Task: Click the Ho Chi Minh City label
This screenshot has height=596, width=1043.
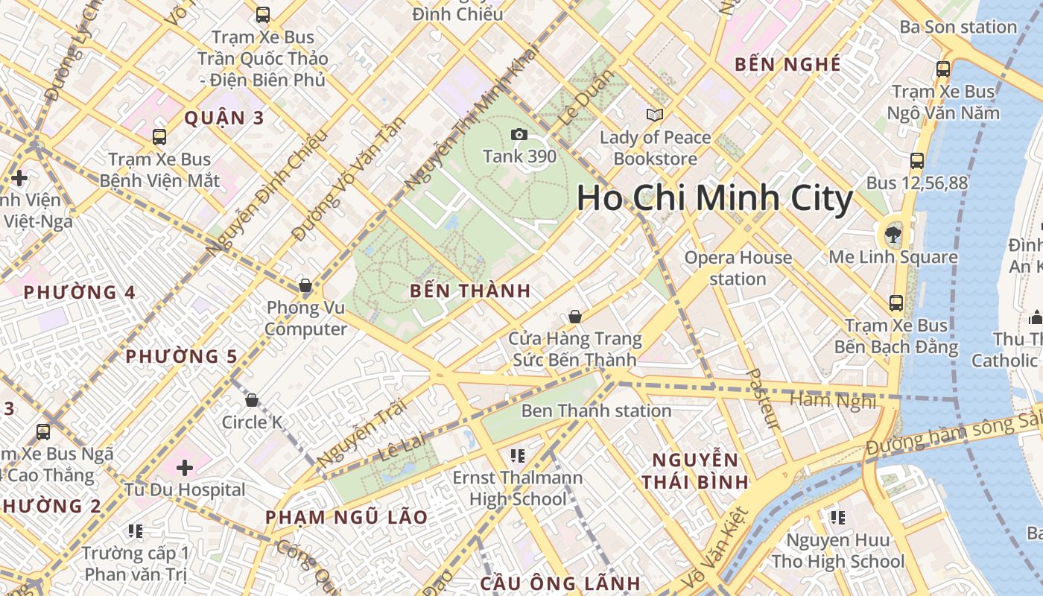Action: click(x=714, y=198)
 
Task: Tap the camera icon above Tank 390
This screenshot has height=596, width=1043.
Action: click(x=519, y=135)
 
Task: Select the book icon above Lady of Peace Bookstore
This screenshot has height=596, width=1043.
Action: click(x=655, y=115)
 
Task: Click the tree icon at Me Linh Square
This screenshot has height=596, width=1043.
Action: click(x=892, y=235)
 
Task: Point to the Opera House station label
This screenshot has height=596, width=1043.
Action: click(x=738, y=268)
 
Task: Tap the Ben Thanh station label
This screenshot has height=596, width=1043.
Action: click(x=596, y=410)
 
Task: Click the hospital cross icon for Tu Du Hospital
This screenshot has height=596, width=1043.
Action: click(x=185, y=468)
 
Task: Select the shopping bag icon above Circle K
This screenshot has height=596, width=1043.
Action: click(x=252, y=401)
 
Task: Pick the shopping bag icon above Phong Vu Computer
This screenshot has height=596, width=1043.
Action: click(x=305, y=285)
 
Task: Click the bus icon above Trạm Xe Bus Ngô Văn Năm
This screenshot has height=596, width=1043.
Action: click(x=943, y=69)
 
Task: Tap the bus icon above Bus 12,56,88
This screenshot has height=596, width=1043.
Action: click(x=917, y=160)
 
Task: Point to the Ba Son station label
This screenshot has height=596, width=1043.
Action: click(x=958, y=28)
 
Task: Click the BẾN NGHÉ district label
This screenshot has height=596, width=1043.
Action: click(x=787, y=65)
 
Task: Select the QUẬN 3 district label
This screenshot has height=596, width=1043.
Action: click(x=224, y=118)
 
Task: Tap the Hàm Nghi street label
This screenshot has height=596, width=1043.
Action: click(x=832, y=401)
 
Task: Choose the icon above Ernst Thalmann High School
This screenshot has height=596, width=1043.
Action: click(x=518, y=455)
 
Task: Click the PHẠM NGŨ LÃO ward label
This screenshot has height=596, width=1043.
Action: click(x=346, y=517)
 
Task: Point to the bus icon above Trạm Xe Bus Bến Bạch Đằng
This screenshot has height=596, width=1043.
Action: click(x=896, y=303)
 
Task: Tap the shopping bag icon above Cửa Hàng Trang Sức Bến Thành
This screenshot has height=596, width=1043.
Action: click(x=574, y=317)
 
